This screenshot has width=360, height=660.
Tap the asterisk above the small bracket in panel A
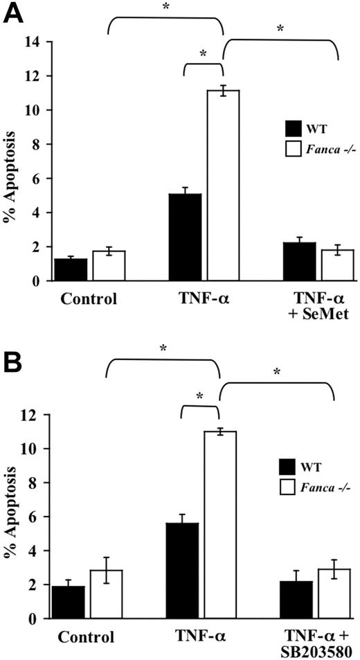(204, 54)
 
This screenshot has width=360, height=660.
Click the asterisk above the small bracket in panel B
(199, 397)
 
